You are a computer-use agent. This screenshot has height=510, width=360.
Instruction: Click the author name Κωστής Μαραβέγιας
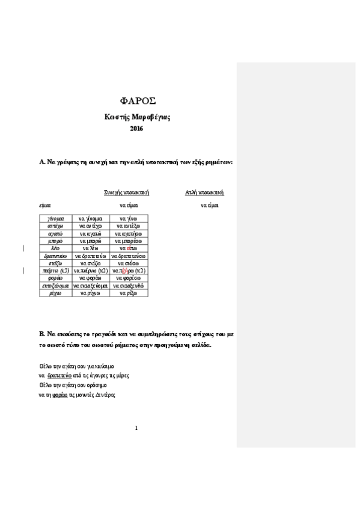136,117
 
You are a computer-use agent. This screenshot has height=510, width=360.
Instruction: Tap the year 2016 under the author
136,128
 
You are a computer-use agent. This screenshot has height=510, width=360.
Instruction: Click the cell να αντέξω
129,226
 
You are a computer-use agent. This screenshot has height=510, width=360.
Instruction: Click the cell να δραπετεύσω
129,256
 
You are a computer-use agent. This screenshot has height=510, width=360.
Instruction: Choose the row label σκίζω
55,263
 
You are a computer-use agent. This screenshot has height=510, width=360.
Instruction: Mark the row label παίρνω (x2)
55,271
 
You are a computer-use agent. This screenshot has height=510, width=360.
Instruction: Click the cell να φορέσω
129,278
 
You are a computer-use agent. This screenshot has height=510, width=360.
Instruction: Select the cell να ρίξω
129,293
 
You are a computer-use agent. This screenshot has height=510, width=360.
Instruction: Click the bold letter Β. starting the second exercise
41,333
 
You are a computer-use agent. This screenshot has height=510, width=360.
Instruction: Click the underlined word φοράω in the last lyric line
59,395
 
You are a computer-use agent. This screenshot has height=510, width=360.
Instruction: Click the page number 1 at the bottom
136,428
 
